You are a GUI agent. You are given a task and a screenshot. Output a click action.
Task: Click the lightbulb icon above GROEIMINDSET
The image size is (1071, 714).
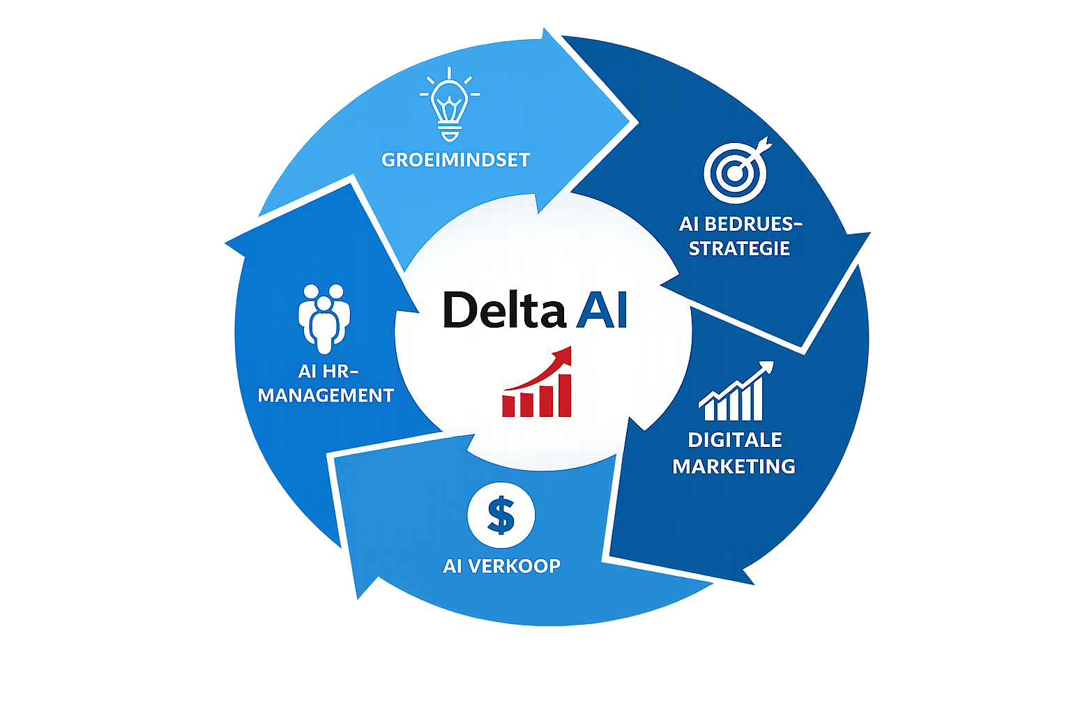pos(450,105)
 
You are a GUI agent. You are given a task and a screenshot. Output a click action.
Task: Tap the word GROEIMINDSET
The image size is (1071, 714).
pos(456,160)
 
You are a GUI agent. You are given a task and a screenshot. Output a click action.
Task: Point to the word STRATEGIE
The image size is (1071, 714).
pos(739,249)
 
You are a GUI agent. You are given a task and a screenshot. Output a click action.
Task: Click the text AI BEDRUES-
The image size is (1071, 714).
pos(740,224)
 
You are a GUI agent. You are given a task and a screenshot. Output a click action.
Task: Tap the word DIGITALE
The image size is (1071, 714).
pos(735,440)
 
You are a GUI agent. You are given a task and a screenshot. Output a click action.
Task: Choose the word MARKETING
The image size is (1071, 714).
pos(734,466)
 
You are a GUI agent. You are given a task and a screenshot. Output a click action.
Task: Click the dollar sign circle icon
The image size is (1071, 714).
pos(501,516)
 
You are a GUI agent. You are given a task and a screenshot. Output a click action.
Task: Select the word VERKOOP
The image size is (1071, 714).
pos(514,565)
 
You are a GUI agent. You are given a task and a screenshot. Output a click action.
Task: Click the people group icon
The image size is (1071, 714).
pos(324,317)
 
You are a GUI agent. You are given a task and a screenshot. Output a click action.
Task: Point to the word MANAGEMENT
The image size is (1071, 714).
pos(326,395)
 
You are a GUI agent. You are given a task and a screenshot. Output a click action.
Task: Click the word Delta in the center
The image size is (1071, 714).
pos(504,310)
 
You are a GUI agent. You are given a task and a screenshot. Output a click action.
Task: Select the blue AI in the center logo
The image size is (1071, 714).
pos(602,310)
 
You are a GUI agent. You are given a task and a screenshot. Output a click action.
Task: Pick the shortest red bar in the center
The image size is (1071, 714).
pos(510,406)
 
